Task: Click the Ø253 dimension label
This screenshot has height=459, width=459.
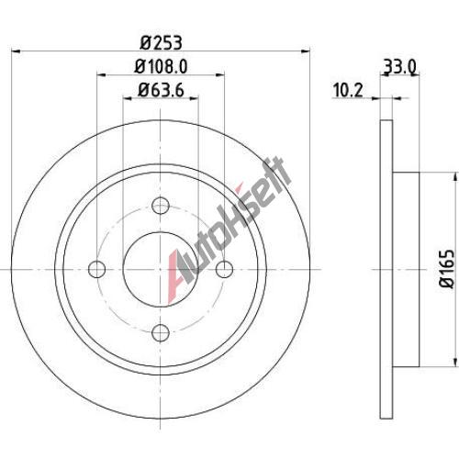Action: [162, 42]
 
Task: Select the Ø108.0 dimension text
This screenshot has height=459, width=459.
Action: [161, 66]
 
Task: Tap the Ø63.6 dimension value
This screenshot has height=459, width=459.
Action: [161, 90]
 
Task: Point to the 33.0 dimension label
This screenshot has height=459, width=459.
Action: [399, 67]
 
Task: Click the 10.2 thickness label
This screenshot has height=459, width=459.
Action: [348, 91]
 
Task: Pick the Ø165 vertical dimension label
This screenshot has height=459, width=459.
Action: [447, 269]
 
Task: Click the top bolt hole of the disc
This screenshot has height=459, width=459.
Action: [161, 206]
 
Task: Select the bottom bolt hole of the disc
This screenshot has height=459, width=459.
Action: [161, 333]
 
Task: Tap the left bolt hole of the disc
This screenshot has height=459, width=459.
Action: [96, 269]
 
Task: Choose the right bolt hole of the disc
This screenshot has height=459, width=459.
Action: [224, 269]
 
